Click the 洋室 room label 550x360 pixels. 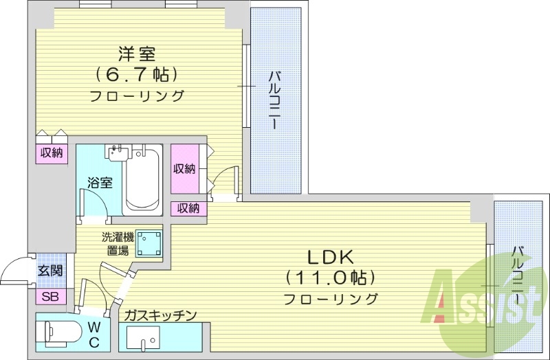[x=137, y=53]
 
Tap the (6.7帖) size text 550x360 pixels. [x=137, y=74]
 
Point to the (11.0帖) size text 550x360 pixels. [x=330, y=278]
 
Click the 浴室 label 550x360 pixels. [x=100, y=183]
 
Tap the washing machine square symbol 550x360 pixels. [x=149, y=243]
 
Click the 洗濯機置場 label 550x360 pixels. [x=118, y=244]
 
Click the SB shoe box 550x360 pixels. [x=50, y=297]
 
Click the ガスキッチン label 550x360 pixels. [x=161, y=315]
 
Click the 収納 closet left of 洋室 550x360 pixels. [x=51, y=153]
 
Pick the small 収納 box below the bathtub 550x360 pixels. [x=188, y=208]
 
